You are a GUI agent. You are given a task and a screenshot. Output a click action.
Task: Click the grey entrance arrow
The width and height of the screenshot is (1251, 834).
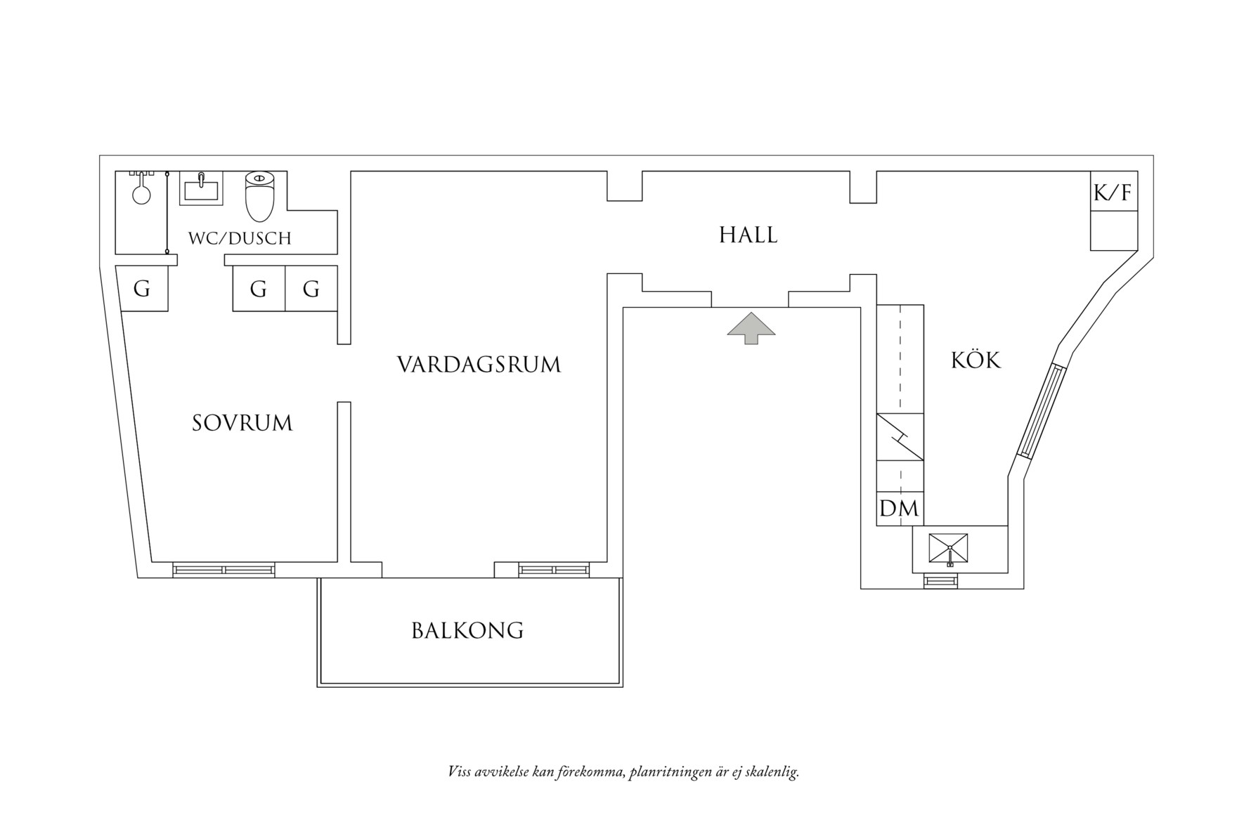[x=751, y=327]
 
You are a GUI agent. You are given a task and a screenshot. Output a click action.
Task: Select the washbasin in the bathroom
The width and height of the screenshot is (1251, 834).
[x=201, y=188]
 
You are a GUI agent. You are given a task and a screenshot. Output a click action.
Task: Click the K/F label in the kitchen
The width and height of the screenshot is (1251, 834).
[x=1113, y=193]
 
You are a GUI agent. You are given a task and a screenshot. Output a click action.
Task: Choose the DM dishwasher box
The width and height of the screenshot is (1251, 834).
[x=900, y=508]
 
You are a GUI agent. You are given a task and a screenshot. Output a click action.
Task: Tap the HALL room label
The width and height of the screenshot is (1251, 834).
[x=748, y=235]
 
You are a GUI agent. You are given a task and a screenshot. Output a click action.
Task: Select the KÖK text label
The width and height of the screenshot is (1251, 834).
[x=975, y=360]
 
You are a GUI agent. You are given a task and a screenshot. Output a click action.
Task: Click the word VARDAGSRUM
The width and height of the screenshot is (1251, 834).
[x=479, y=365]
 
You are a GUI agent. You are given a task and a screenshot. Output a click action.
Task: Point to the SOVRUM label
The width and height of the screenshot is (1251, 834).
[x=242, y=423]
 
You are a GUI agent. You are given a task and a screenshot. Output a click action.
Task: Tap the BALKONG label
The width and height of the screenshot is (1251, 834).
[x=467, y=630]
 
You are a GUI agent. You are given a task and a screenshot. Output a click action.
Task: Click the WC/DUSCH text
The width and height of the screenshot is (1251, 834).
[x=239, y=238]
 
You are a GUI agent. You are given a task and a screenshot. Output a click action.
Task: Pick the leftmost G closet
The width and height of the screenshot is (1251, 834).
[x=142, y=289]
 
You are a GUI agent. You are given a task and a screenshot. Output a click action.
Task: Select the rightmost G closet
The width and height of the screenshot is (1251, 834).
[x=311, y=289]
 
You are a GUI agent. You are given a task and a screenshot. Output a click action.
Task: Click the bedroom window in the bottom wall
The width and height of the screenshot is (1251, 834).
[x=223, y=570]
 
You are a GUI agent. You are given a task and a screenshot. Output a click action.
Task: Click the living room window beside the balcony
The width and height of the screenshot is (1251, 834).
[x=554, y=570]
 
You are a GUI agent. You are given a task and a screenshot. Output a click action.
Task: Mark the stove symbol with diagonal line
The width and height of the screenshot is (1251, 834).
[x=900, y=437]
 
